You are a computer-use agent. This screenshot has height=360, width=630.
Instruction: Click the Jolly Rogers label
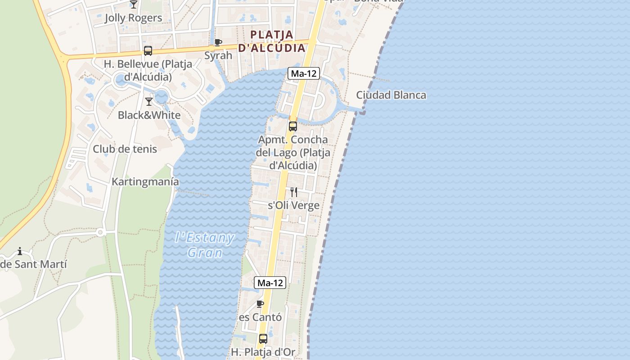pos(133,18)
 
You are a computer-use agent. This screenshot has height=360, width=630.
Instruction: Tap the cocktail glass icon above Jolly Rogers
pos(134,4)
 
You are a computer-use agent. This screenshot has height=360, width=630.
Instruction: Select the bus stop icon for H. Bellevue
pos(148,51)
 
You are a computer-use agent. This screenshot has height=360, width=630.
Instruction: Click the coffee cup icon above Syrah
pos(218,43)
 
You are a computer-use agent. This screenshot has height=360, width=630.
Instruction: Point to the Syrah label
pos(218,55)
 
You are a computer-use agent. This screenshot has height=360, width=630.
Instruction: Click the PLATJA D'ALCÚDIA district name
pos(272,41)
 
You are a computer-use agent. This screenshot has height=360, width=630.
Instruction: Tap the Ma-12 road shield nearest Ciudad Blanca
pos(304,73)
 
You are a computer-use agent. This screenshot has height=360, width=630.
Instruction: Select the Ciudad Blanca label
pos(391,95)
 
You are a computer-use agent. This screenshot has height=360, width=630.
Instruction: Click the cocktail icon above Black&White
pos(149,102)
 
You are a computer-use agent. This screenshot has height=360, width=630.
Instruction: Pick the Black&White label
pos(149,115)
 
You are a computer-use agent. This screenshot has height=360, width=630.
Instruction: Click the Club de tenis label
pos(125,149)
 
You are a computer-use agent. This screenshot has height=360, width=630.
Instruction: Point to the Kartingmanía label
pos(145,182)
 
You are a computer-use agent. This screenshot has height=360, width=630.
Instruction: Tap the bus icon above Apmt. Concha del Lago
pos(293,126)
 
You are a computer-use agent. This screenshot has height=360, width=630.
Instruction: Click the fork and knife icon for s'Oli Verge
pos(294,193)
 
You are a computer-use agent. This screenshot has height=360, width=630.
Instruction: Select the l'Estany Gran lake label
pos(205,245)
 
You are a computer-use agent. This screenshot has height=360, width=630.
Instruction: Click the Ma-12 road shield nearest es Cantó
pos(270,283)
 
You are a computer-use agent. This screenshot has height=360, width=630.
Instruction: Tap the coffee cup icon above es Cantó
pos(260,304)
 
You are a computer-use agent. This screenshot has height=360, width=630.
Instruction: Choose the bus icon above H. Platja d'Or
pos(263,339)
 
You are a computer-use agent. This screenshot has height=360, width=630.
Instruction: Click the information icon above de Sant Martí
pos(20,251)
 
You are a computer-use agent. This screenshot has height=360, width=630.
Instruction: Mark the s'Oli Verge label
pos(293,206)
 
